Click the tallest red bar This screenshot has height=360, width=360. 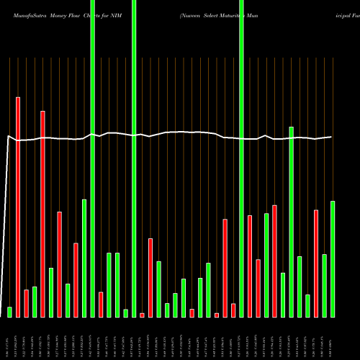tap(18, 207)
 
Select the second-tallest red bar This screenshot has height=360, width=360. tap(42, 214)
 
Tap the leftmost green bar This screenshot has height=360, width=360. tap(9, 312)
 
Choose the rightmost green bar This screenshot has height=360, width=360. tap(333, 258)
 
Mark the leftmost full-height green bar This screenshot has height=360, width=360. tap(92, 158)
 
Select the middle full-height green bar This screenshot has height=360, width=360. tap(134, 158)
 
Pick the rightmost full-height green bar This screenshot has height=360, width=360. tap(241, 158)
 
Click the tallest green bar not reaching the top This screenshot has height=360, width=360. tap(291, 222)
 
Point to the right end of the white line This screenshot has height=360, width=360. tap(331, 137)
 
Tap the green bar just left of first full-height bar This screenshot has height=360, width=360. tap(84, 258)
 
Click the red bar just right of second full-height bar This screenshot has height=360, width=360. tap(142, 315)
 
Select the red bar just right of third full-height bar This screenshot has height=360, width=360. tap(250, 266)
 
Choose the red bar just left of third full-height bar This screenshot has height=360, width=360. tap(233, 310)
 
